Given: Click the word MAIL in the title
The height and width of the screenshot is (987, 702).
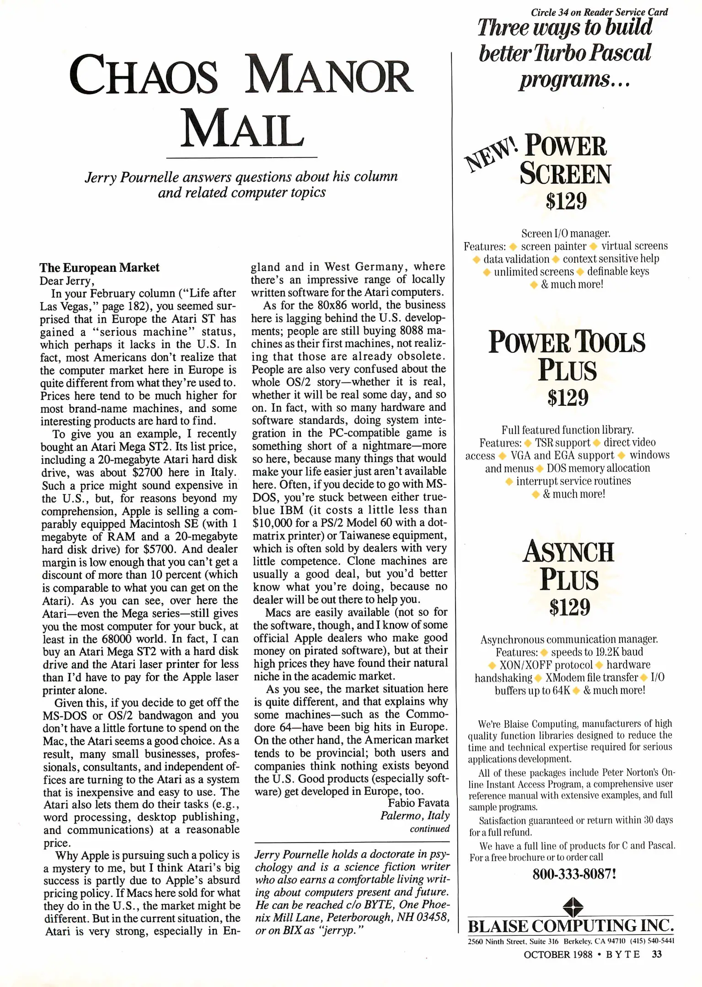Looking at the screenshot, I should (x=242, y=129).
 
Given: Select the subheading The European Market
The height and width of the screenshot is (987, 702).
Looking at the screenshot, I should (x=99, y=267).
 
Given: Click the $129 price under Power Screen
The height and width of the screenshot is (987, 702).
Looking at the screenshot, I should (x=566, y=201).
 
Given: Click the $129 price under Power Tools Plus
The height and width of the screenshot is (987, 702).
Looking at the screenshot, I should (x=568, y=398).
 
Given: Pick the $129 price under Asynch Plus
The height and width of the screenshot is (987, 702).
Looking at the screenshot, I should (x=569, y=607).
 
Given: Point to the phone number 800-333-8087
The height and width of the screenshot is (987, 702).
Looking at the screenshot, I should (x=574, y=874).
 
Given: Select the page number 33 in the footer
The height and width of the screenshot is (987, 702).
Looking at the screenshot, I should (x=656, y=954).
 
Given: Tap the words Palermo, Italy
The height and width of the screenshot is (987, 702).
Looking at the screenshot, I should (x=414, y=816).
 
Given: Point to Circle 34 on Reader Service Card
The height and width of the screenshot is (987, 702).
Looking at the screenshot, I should (x=599, y=12).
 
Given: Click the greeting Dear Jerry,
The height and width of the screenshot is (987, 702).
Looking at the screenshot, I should (x=67, y=281).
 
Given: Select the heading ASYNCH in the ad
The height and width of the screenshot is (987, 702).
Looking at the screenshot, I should (x=568, y=552).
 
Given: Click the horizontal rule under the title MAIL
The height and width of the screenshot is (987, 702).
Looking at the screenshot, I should (x=241, y=158).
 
